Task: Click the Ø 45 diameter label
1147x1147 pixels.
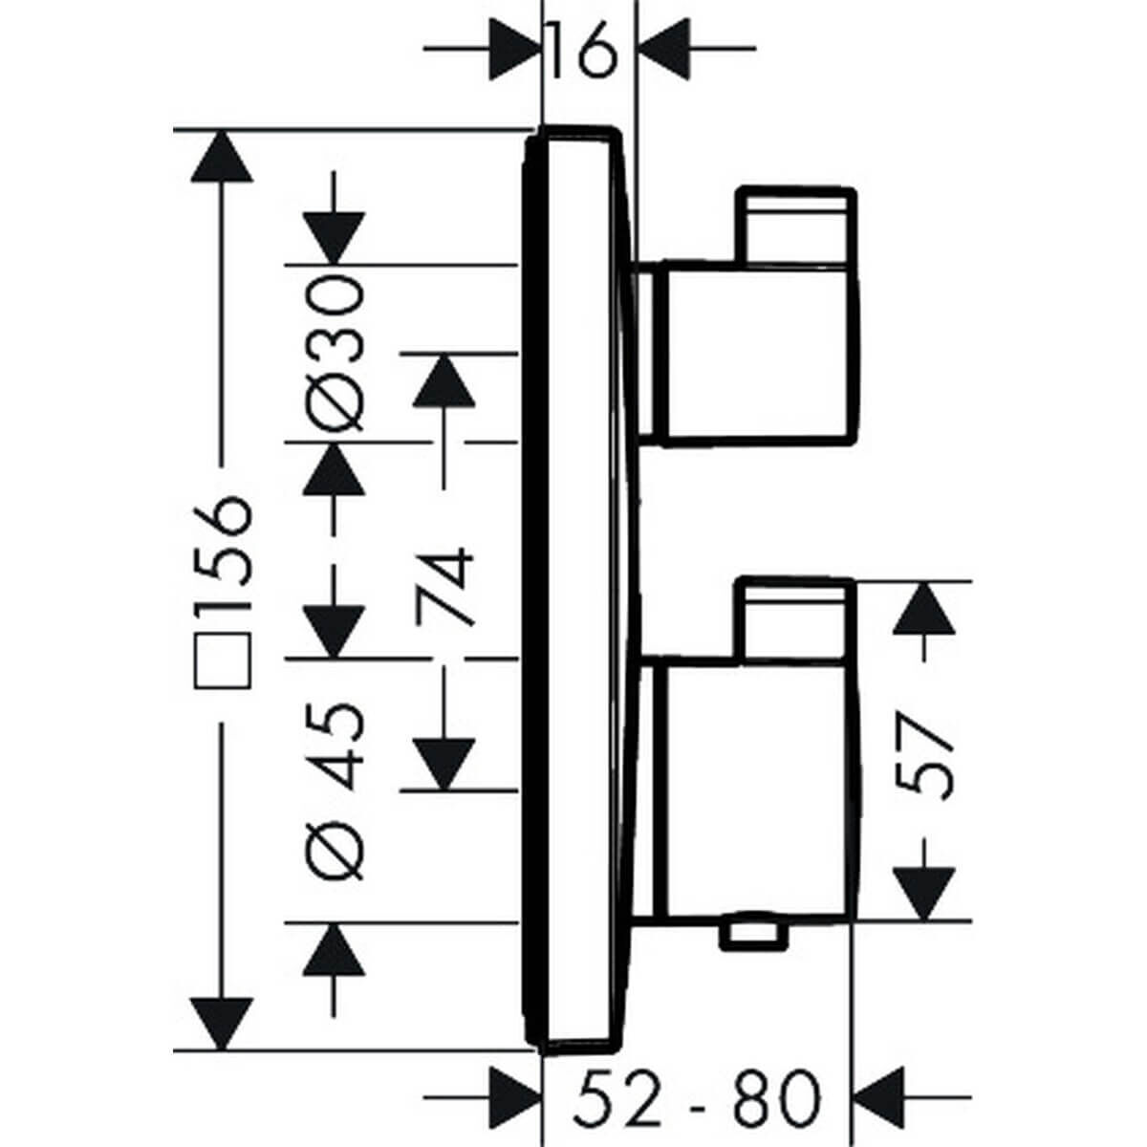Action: tap(335, 789)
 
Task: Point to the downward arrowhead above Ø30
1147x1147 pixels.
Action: tap(335, 239)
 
